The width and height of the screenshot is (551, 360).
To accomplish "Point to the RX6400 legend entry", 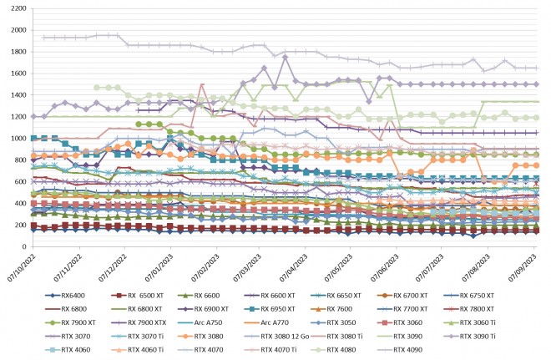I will tap(63, 295).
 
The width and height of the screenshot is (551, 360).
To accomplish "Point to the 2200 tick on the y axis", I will tap(17, 8).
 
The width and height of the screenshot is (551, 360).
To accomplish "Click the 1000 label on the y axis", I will tap(17, 139).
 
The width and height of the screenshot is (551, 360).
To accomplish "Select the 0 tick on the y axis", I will tap(23, 247).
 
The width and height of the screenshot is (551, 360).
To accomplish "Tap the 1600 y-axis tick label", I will tap(17, 73).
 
